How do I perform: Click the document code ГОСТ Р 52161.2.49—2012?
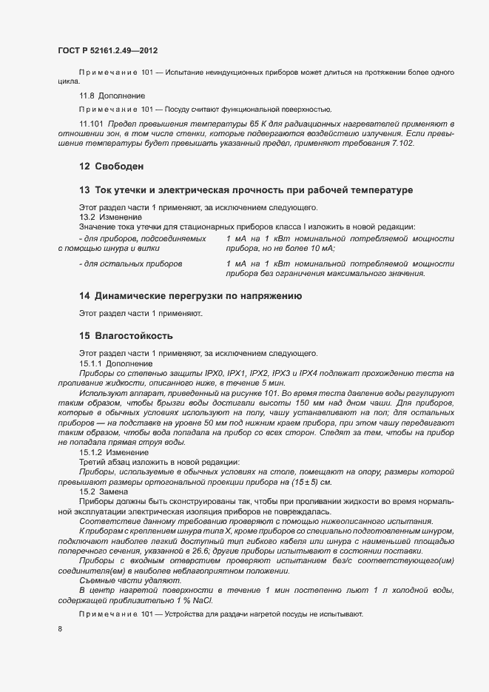[x=107, y=51]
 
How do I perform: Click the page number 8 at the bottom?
[x=60, y=629]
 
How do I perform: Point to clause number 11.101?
[x=92, y=122]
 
